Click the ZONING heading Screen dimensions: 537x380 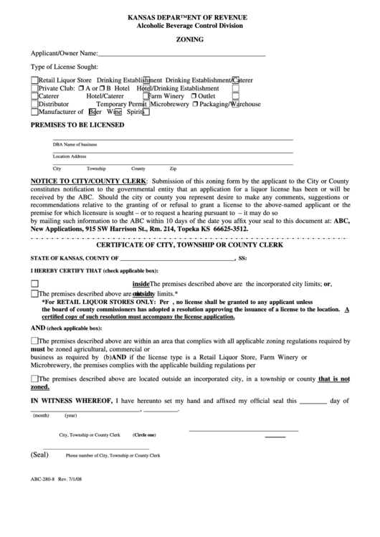point(189,41)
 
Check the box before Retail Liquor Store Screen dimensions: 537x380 point(34,80)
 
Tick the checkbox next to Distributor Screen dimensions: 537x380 point(34,103)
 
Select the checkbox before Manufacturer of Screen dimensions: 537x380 point(34,112)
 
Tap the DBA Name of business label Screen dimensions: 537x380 point(75,144)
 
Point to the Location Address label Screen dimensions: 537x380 point(70,156)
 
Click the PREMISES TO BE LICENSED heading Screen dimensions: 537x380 point(77,124)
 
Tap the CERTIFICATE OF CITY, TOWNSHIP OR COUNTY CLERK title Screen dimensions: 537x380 point(190,245)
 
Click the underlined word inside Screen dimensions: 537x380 point(141,283)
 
